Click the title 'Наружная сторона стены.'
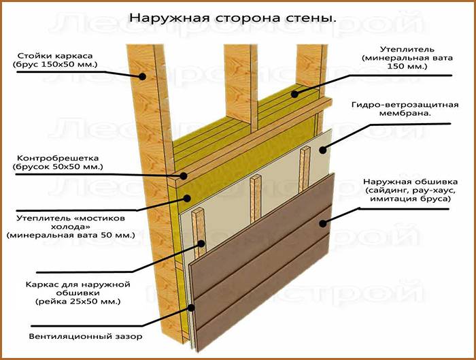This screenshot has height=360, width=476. point(233,18)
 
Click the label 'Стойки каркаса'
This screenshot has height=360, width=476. point(55,56)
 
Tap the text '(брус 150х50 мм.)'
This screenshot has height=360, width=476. point(55,65)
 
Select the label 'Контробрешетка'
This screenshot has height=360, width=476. point(58,158)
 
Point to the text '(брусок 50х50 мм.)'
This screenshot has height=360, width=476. point(58,167)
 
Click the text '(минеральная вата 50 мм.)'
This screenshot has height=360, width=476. point(71,235)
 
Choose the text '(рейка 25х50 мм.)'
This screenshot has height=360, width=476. point(78,301)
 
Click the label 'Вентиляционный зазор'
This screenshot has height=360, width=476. point(86,337)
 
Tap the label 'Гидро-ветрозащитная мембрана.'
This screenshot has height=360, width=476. point(405,109)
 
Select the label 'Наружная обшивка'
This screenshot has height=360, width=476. point(411,182)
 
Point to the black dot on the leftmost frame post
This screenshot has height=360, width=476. point(142,76)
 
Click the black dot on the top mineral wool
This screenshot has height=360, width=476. point(294,94)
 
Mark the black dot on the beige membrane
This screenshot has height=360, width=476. point(323,150)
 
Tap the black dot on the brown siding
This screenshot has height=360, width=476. point(323,224)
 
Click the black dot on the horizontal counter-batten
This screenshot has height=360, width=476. point(184,176)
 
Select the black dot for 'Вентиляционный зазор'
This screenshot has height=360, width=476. point(191,308)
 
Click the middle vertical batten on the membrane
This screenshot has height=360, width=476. point(256,198)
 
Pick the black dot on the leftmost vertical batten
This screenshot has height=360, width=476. point(201,244)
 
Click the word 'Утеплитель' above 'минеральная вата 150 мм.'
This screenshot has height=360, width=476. point(407,49)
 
